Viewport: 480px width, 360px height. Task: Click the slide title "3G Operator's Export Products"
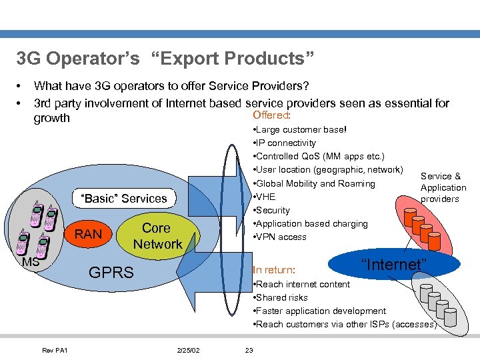(165, 59)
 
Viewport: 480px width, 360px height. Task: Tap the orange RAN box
(88, 234)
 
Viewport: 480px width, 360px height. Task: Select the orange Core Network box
(157, 236)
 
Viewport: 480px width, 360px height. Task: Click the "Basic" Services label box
(123, 199)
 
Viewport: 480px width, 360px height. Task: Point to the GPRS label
(111, 272)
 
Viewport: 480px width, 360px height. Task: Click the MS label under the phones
(29, 262)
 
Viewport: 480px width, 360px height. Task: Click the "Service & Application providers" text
(443, 187)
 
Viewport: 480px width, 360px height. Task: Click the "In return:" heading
(274, 270)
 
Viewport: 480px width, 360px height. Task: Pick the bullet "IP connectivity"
(285, 143)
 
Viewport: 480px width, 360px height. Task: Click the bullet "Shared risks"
(282, 297)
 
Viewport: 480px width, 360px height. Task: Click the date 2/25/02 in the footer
(189, 350)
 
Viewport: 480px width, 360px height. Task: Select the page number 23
(249, 350)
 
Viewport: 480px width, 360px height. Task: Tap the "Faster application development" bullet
(319, 311)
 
